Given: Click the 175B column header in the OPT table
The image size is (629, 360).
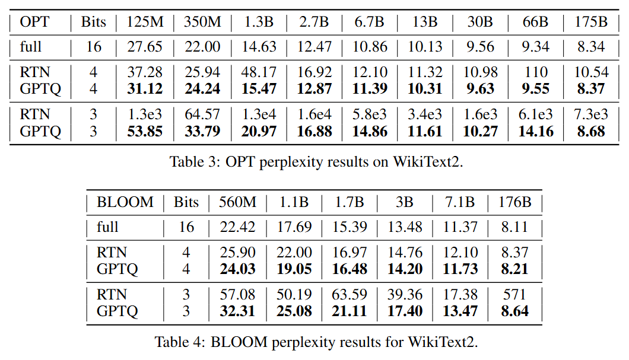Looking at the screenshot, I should click(592, 22).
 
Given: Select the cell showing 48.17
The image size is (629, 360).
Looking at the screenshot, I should click(259, 72).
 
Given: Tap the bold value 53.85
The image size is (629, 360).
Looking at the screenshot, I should click(145, 131).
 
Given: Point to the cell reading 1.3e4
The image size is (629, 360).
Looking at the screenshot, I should click(259, 114).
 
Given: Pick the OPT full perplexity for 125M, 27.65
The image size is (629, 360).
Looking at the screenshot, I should click(145, 47).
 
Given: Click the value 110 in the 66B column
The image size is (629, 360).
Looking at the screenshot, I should click(536, 72).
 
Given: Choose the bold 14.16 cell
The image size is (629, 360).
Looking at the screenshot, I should click(536, 131).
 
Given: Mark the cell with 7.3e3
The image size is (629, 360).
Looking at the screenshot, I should click(592, 114).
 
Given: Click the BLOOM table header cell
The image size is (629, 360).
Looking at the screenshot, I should click(125, 202).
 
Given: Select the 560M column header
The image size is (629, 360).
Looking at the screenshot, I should click(237, 202).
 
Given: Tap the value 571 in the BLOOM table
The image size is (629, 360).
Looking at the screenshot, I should click(514, 294).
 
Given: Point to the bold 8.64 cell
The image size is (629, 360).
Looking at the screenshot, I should click(514, 311).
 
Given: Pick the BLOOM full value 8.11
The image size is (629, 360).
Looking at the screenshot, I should click(514, 227).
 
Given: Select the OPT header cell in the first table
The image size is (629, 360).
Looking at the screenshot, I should click(36, 22).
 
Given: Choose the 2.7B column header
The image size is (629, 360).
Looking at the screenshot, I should click(314, 22).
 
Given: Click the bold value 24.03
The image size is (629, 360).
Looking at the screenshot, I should click(237, 269).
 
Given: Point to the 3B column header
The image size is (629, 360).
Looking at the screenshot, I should click(405, 202).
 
